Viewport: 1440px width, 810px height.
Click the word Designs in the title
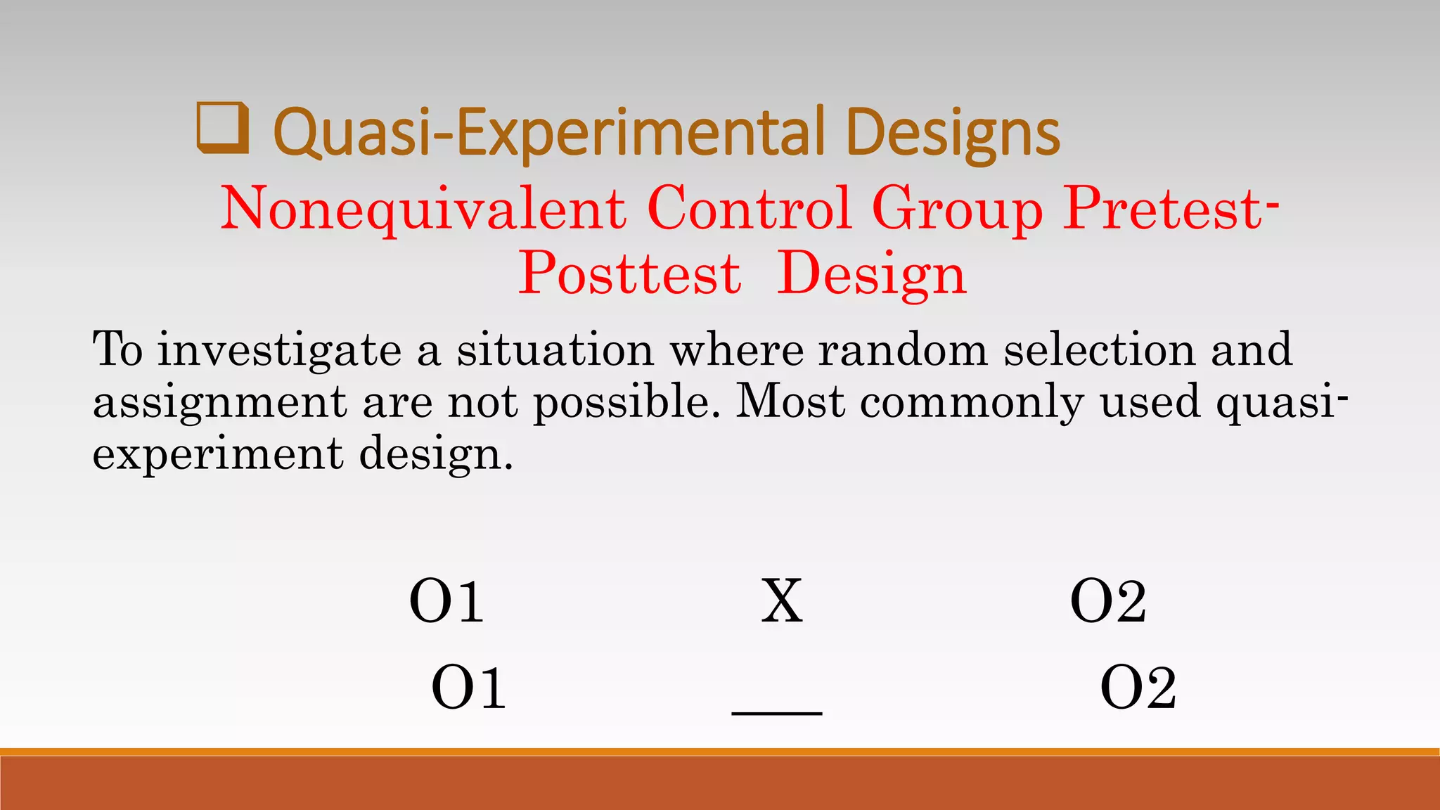(953, 132)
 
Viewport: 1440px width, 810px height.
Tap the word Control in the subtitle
(750, 208)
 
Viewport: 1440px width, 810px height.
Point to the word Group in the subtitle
(958, 210)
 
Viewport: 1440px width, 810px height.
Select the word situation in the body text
(555, 350)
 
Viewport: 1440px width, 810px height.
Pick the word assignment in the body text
(220, 403)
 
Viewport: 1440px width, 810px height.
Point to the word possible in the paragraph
(627, 403)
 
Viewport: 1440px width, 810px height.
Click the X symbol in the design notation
(782, 601)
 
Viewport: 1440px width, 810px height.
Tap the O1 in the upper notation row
(446, 601)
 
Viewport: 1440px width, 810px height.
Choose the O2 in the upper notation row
(1108, 601)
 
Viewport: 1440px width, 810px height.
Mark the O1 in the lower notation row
(468, 688)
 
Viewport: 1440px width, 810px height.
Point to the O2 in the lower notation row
(1138, 688)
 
